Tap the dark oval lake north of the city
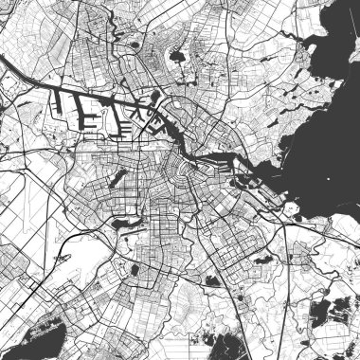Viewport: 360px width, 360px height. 177,55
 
